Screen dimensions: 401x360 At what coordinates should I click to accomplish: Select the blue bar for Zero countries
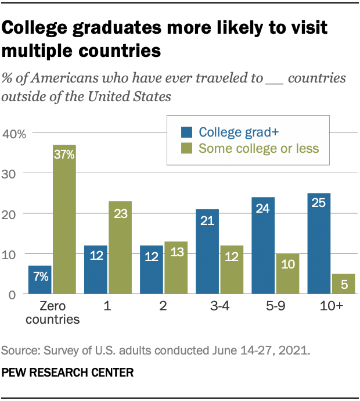click(40, 280)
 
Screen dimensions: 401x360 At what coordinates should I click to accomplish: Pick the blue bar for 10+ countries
click(319, 244)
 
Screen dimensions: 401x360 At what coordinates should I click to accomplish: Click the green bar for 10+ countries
click(343, 284)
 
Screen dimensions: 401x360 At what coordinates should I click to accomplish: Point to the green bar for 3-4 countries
click(231, 270)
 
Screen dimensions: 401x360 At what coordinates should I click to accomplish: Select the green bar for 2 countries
click(176, 268)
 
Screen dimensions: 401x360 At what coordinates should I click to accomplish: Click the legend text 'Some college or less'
click(258, 148)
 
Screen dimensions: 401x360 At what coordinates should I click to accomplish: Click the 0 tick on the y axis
click(20, 295)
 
